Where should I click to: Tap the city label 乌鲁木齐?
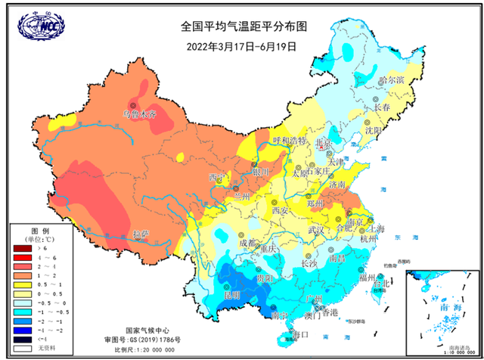(x=139, y=115)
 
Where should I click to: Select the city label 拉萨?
(x=141, y=234)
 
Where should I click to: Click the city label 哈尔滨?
(x=392, y=79)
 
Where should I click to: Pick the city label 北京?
(x=324, y=141)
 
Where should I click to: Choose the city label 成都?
(x=247, y=243)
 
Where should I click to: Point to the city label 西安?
(x=281, y=209)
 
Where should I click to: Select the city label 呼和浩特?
(x=289, y=141)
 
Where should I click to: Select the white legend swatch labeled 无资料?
(x=23, y=347)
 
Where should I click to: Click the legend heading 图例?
(x=40, y=230)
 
